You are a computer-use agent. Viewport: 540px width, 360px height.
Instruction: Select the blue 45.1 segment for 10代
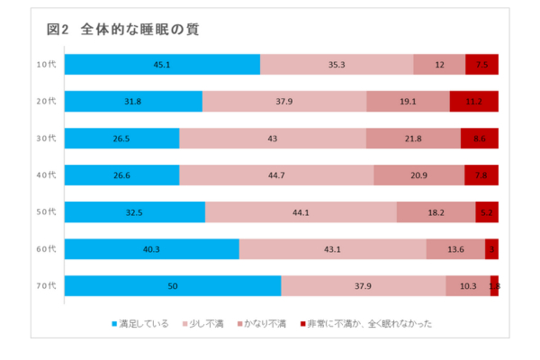162,65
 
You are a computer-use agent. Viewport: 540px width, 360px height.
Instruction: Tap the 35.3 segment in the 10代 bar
337,65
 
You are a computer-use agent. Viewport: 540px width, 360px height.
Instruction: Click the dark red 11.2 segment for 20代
473,102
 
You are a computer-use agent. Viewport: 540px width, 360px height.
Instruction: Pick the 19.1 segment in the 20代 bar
408,102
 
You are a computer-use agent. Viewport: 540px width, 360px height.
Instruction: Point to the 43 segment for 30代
273,139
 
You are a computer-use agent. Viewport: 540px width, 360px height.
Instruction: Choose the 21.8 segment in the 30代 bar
413,139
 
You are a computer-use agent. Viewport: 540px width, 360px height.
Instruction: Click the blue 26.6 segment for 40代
121,175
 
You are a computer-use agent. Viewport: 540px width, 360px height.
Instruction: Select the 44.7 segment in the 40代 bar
276,175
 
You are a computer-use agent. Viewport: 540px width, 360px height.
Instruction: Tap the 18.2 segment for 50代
436,212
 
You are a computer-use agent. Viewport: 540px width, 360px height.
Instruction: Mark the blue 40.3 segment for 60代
151,249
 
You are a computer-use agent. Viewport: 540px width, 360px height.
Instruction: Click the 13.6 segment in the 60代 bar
455,249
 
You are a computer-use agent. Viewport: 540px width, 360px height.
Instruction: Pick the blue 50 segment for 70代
172,286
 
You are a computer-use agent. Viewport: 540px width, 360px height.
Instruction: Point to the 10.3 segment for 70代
468,286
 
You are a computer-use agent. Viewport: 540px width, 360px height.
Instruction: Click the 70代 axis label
46,286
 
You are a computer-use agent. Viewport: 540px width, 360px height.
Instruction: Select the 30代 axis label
46,139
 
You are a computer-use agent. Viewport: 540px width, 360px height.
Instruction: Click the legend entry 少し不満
208,323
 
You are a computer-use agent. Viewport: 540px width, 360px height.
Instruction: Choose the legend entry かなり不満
262,323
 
